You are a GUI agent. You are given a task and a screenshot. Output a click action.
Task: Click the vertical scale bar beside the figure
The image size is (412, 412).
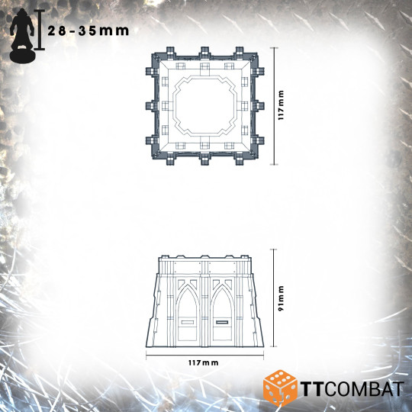tap(40, 31)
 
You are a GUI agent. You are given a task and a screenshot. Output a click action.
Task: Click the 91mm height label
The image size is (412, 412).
tap(281, 296)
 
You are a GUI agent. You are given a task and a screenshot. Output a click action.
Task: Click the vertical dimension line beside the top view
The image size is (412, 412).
tap(272, 107)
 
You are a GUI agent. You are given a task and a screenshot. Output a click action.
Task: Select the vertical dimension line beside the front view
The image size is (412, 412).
tap(272, 296)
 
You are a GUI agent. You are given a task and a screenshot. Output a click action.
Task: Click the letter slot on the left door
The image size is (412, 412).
tap(188, 322)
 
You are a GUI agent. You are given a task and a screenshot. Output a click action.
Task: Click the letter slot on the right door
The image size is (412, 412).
tap(222, 322)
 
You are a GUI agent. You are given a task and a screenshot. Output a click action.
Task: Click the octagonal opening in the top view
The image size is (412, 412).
tap(204, 107)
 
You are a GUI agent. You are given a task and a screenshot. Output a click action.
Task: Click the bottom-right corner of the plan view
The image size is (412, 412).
tap(259, 160)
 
